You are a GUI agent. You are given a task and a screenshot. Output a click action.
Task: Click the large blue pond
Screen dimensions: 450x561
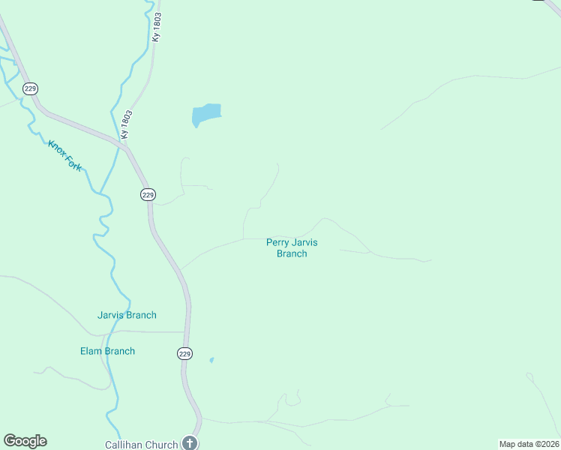(206, 114)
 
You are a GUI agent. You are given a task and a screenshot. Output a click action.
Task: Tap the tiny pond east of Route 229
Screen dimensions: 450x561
(211, 360)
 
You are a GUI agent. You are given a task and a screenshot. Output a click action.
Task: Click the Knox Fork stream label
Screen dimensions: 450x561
(64, 155)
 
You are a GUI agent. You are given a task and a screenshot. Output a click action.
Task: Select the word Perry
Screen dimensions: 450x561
(279, 242)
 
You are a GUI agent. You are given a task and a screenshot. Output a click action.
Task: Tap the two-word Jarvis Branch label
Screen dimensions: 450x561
(127, 315)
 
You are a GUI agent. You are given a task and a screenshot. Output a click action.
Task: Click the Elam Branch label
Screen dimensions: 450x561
(107, 351)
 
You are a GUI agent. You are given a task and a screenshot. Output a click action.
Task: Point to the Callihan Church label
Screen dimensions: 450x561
(142, 444)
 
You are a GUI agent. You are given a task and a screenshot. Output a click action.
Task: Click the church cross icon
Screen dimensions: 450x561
(190, 443)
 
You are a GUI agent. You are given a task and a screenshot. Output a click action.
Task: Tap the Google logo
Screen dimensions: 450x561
(25, 441)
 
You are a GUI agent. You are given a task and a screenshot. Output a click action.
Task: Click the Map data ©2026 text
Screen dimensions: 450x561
(529, 443)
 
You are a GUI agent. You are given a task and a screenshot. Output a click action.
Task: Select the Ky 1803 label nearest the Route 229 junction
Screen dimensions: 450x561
(127, 124)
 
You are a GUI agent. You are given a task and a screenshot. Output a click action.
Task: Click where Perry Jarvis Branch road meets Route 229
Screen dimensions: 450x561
(180, 270)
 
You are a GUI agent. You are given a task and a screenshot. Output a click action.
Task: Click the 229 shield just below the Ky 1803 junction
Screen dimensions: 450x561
(148, 194)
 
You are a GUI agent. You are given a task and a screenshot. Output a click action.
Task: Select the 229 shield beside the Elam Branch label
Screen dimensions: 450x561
(185, 353)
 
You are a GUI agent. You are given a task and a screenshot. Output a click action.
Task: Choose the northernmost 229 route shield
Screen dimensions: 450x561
(30, 88)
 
